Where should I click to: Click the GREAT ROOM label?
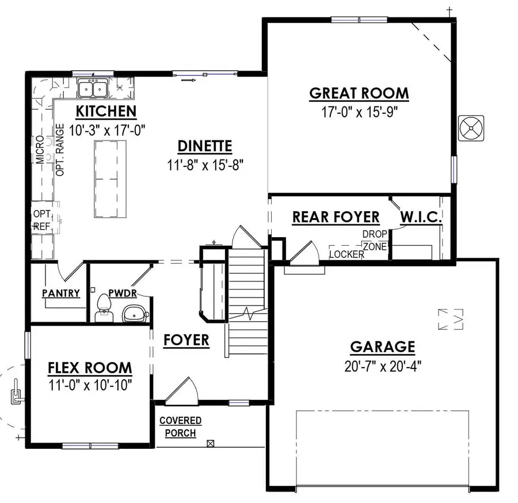(359, 93)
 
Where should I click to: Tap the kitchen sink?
(93, 89)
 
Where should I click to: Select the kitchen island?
(109, 180)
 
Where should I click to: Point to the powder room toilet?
(104, 305)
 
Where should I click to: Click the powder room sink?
(136, 313)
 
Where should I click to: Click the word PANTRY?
(61, 293)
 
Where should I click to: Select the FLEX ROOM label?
(90, 368)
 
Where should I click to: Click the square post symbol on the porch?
(211, 444)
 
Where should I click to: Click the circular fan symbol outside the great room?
(471, 128)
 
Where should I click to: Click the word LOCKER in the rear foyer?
(346, 254)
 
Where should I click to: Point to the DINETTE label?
(204, 146)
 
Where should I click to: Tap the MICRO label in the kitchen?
(39, 150)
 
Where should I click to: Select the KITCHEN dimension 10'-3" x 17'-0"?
(106, 130)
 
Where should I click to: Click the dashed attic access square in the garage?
(451, 319)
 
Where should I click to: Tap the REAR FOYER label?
(336, 218)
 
